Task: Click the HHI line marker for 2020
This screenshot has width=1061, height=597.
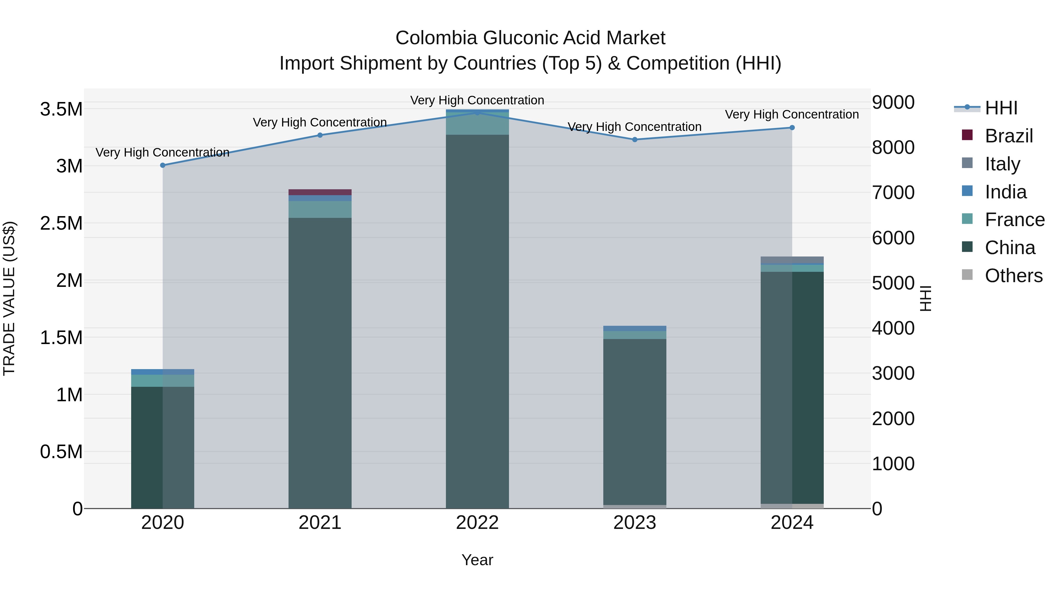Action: tap(163, 165)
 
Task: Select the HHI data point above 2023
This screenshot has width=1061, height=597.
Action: tap(635, 140)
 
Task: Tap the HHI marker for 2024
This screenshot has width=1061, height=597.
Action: tap(792, 128)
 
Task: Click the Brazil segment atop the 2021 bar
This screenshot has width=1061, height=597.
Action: tap(320, 192)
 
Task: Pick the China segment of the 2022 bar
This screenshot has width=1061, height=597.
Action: tap(477, 321)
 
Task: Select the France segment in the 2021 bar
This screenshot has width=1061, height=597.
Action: tap(320, 209)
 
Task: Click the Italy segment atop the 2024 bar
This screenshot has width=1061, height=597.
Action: tap(792, 259)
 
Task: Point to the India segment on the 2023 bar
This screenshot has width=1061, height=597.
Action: tap(635, 328)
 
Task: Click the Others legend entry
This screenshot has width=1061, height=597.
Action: tap(1013, 276)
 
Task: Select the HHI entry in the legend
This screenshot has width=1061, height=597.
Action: tap(1001, 108)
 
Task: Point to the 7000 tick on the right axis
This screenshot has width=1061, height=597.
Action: tap(893, 193)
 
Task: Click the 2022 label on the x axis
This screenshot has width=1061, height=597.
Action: tap(477, 523)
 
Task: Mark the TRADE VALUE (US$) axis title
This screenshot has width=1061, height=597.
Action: tap(9, 298)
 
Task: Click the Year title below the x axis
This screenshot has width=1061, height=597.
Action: tap(477, 560)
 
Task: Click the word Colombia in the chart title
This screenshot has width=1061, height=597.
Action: tap(436, 38)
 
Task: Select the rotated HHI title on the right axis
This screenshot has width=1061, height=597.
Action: tap(925, 298)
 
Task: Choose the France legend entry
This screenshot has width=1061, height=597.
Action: tap(1014, 220)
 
